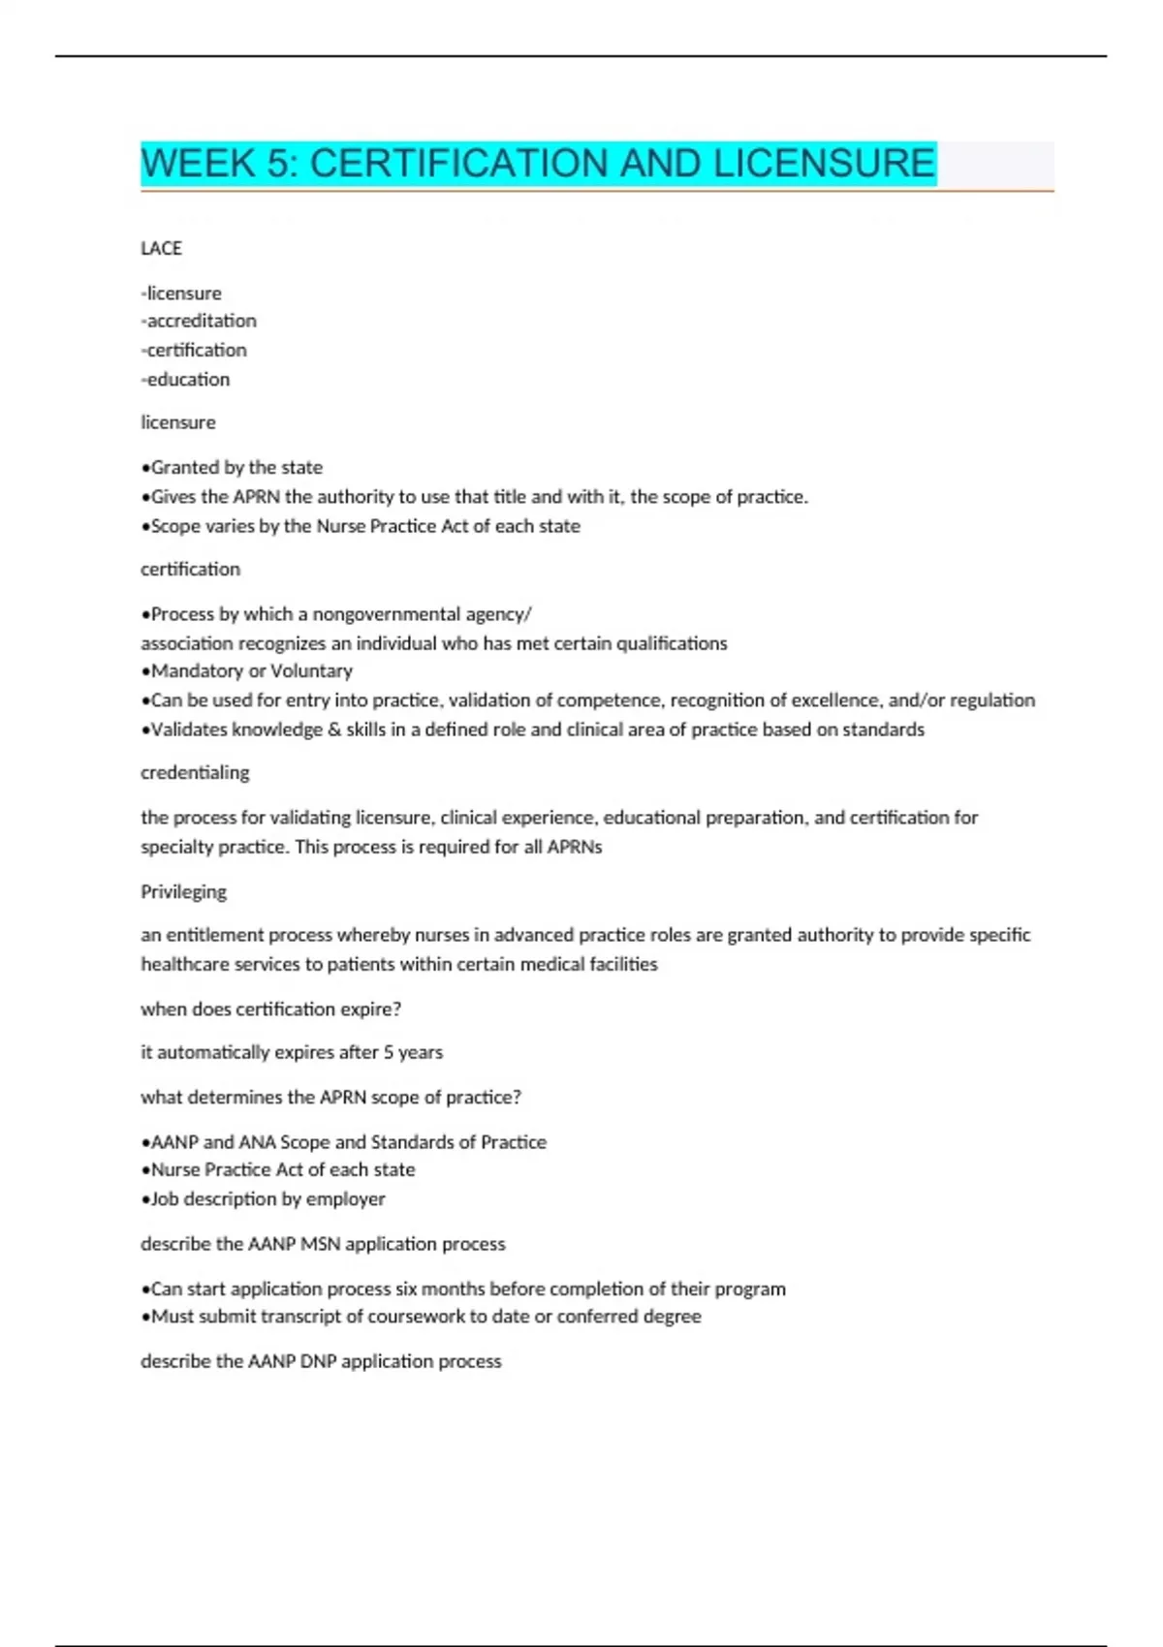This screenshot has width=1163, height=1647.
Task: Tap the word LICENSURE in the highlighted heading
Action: point(825,163)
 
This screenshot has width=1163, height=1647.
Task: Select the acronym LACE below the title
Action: point(161,248)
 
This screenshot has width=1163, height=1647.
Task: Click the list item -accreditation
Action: point(199,321)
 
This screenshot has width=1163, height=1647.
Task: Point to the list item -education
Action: point(185,379)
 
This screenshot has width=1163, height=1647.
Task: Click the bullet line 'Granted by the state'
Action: point(233,467)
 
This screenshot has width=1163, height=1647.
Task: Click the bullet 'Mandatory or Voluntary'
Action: point(248,670)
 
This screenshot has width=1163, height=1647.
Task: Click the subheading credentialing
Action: point(195,772)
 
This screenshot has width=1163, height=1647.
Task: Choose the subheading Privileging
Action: point(183,891)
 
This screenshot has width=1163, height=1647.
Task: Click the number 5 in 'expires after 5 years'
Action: point(389,1052)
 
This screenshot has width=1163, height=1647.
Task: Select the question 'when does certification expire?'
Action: point(270,1009)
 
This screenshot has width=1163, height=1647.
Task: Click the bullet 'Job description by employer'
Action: point(265,1198)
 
